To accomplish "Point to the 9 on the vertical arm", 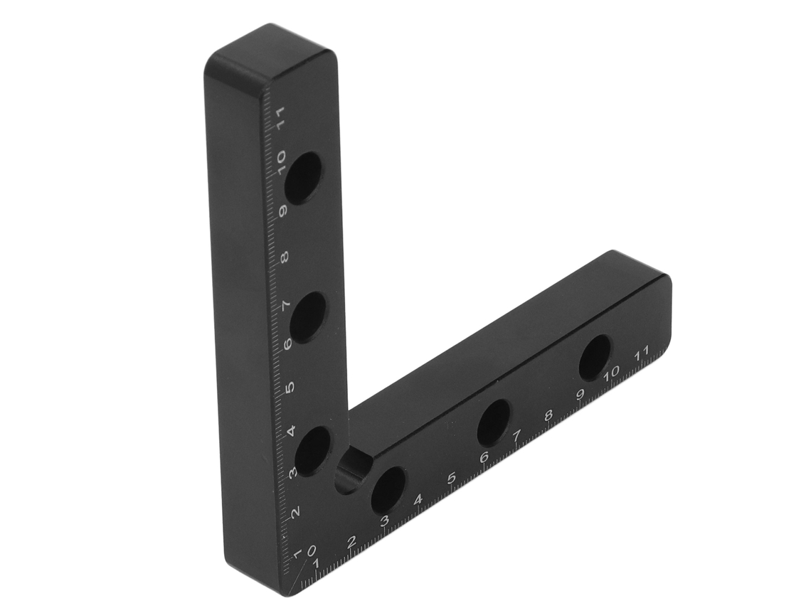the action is [x=283, y=211].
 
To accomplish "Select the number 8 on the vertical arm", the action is [x=285, y=257].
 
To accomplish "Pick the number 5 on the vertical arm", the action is [x=290, y=387].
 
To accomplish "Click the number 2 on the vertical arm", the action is [x=295, y=513].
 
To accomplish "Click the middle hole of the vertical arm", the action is [x=308, y=317].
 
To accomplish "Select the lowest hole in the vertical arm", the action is [x=312, y=451].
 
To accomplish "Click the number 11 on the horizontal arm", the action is [x=642, y=353].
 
